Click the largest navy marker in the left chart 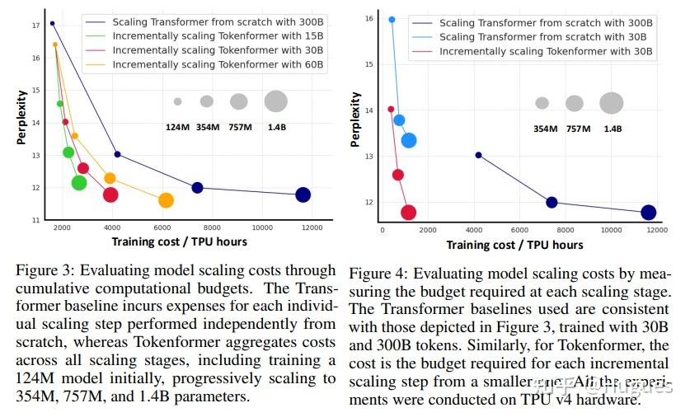click(303, 194)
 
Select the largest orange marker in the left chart click(166, 200)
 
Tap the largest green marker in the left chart click(79, 183)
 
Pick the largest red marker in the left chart click(110, 194)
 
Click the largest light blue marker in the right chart click(408, 140)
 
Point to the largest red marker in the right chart click(408, 213)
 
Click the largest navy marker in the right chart click(648, 213)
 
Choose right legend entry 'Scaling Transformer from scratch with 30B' click(543, 38)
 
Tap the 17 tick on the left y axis click(35, 26)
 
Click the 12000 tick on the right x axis click(656, 230)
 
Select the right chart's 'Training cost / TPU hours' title click(514, 245)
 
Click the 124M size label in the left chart click(177, 126)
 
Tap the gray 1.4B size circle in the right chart click(611, 103)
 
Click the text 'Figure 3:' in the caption click(42, 270)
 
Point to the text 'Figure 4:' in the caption click(376, 274)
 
